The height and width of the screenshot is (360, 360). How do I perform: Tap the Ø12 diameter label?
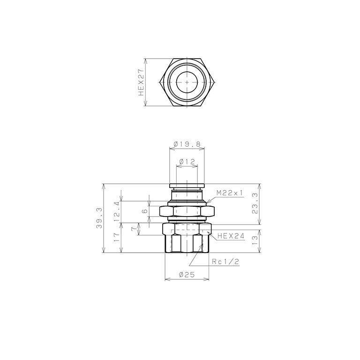point(187,162)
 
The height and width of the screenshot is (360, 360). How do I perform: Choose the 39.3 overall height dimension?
point(98,218)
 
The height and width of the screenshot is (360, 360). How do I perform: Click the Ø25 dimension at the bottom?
point(187,276)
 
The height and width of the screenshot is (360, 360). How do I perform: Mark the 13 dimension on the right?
point(255,241)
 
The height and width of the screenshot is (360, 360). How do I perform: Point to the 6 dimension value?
point(145,211)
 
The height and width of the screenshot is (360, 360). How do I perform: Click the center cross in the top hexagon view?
point(187,82)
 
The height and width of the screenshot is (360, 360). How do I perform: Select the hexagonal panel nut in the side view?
point(187,212)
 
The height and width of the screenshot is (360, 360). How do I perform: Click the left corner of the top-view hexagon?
point(160,82)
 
